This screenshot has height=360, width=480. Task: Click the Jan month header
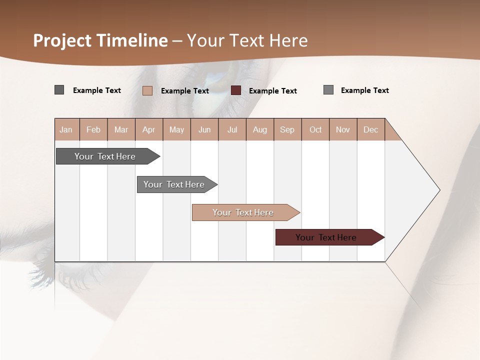[66, 129]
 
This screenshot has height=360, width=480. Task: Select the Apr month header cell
[148, 129]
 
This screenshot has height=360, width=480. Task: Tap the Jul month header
[232, 129]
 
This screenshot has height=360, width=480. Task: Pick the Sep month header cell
[287, 129]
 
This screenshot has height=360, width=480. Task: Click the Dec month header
[370, 129]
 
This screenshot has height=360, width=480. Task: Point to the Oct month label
[315, 129]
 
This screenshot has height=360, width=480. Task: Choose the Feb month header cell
[93, 129]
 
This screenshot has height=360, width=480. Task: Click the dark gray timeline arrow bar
[105, 156]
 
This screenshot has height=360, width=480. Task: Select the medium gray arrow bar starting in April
[174, 184]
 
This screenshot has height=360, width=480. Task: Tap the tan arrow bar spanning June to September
[243, 212]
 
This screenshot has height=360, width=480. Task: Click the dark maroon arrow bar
[326, 237]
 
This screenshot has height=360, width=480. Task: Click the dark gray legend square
[59, 90]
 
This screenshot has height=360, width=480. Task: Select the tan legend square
[147, 90]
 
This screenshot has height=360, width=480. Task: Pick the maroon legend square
[236, 90]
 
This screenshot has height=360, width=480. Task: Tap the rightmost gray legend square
[328, 90]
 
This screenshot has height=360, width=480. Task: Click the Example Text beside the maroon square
[272, 91]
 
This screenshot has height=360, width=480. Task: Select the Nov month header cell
[343, 129]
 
